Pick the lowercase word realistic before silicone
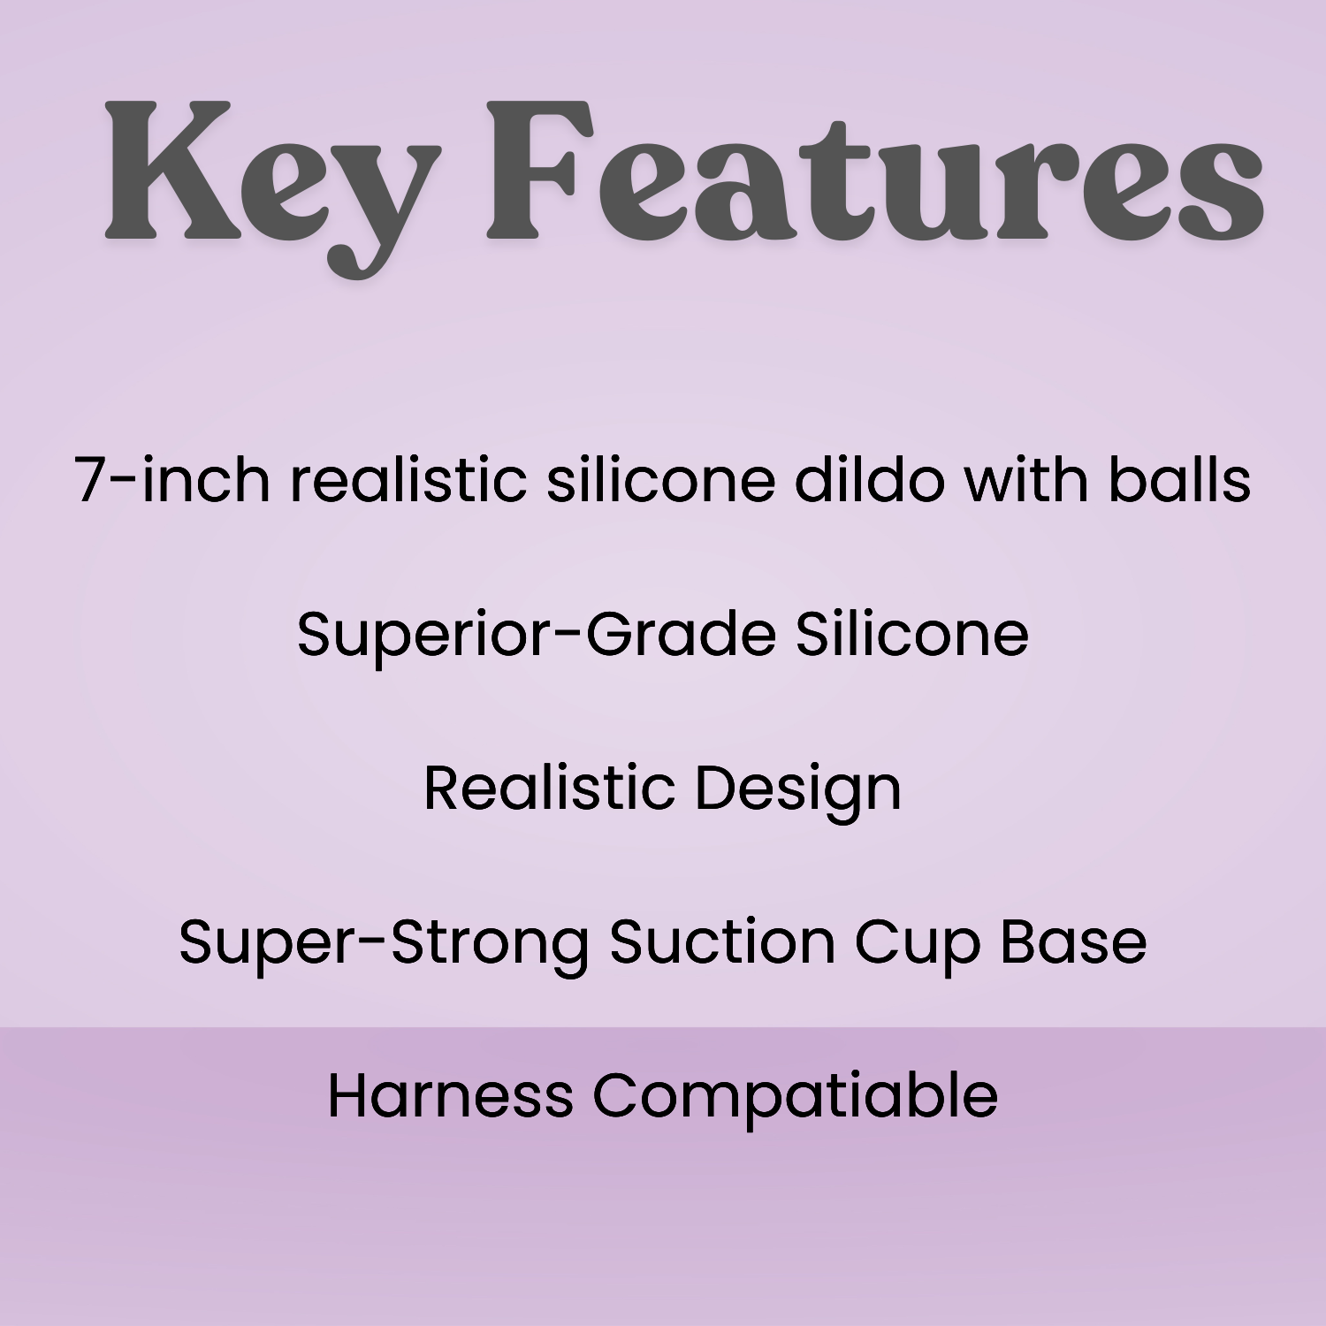coord(408,479)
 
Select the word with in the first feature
coord(1025,479)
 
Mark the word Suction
coord(721,941)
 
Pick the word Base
coord(1073,941)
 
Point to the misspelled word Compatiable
coord(795,1097)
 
